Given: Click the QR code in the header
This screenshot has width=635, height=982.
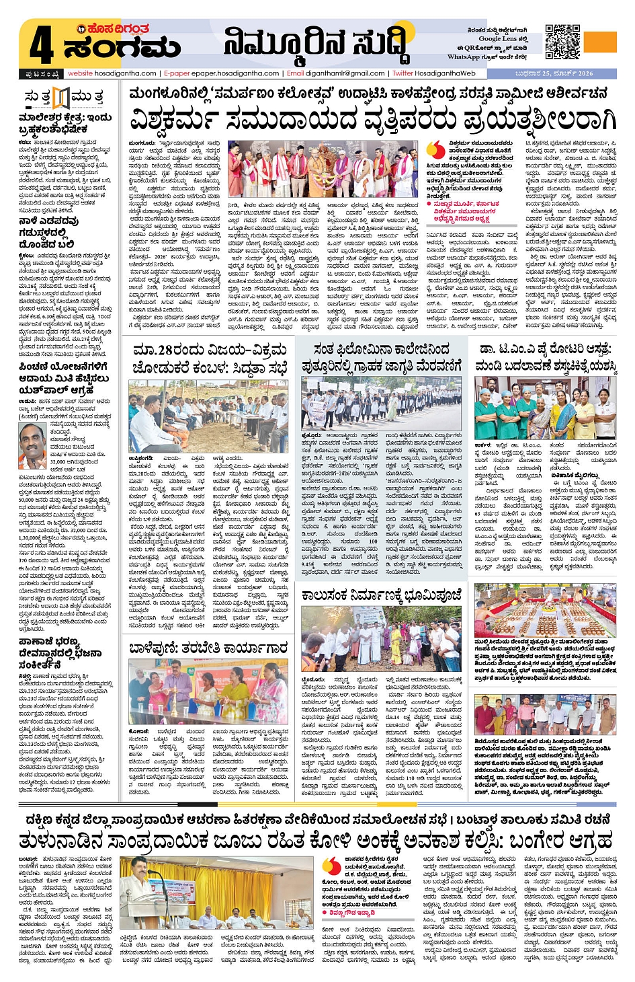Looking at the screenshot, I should coord(562,42).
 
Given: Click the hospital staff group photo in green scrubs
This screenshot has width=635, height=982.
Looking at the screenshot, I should coord(544,407).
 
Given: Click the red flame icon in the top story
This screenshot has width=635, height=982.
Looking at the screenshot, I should coord(437,149).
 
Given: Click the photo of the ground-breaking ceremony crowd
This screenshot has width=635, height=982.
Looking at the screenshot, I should coord(380,640).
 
